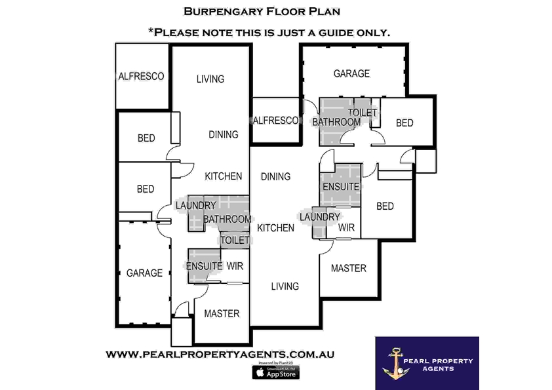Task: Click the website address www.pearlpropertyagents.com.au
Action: pyautogui.click(x=220, y=354)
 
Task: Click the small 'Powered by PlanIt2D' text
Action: pyautogui.click(x=275, y=362)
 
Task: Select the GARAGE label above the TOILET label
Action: pyautogui.click(x=351, y=73)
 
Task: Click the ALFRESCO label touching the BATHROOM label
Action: pyautogui.click(x=275, y=121)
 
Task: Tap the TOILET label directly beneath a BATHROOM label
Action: pyautogui.click(x=235, y=240)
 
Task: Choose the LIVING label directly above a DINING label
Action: pyautogui.click(x=210, y=79)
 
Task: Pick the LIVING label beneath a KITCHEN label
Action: pyautogui.click(x=285, y=286)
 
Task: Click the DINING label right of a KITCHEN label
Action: pyautogui.click(x=275, y=176)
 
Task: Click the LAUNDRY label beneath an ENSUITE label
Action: pyautogui.click(x=319, y=217)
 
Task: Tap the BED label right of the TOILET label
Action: pyautogui.click(x=404, y=123)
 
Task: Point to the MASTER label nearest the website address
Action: pyautogui.click(x=222, y=313)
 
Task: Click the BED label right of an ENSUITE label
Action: pyautogui.click(x=385, y=206)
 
